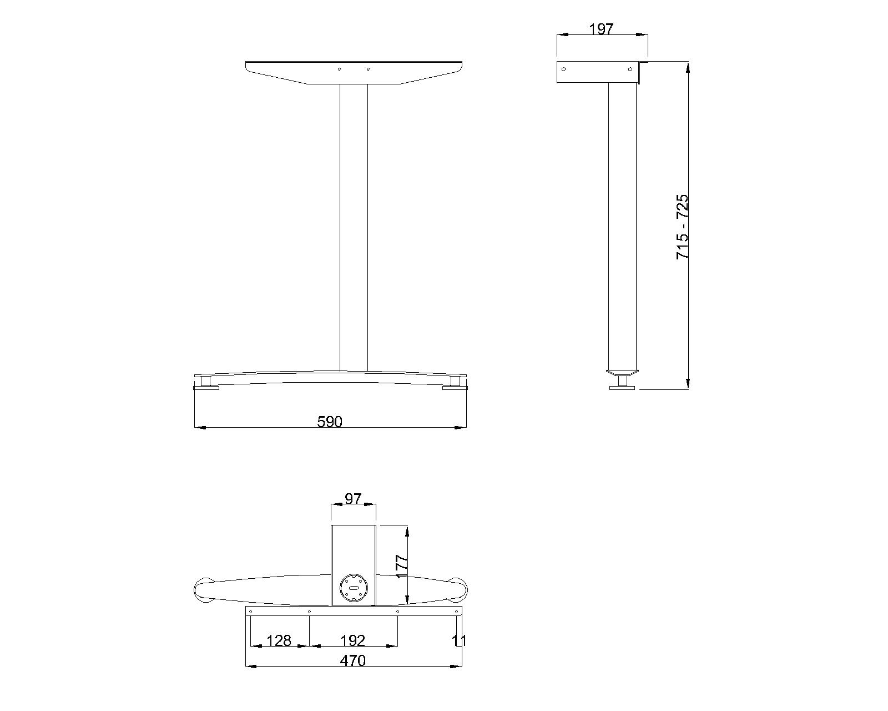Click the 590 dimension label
[330, 422]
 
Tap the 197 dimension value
[601, 29]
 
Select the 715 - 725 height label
[682, 227]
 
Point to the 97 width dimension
[353, 499]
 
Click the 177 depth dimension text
[401, 567]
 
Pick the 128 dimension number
[279, 641]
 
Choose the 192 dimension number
[353, 641]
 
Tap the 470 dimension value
[353, 660]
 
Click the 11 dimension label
[459, 641]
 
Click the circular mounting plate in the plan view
[354, 588]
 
